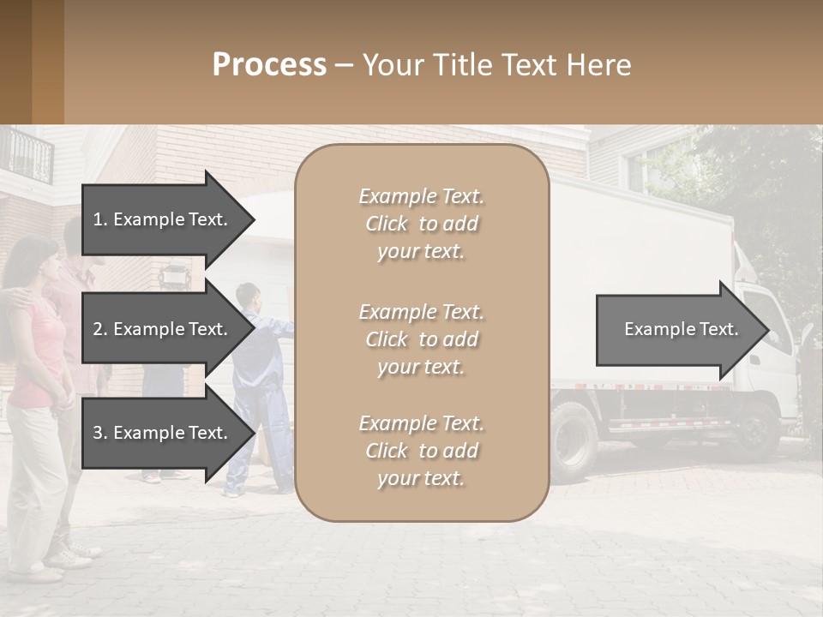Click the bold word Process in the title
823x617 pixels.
pyautogui.click(x=269, y=65)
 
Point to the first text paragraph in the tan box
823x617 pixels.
pyautogui.click(x=421, y=224)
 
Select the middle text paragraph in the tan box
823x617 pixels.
pyautogui.click(x=421, y=339)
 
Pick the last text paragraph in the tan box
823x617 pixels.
pyautogui.click(x=421, y=451)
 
